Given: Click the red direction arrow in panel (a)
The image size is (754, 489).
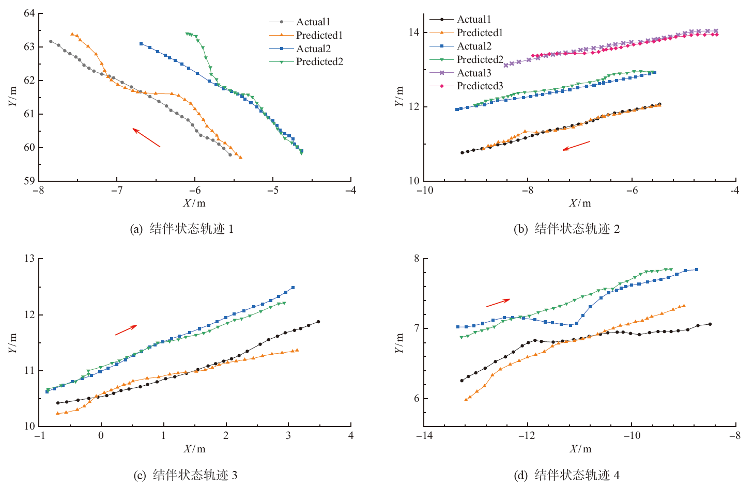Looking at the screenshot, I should coord(146,138).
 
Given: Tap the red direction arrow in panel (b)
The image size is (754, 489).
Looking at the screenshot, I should coord(576,146).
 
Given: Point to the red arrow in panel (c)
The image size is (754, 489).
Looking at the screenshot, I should coord(126,329).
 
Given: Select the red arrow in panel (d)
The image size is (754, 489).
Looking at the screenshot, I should coord(498,303).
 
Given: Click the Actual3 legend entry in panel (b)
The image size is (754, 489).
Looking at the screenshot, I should coord(473,73).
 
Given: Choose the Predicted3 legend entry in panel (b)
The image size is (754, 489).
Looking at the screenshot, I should coord(479,86).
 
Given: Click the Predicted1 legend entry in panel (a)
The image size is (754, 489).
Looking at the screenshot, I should coord(319,35).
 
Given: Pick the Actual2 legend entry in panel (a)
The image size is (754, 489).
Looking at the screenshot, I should coord(313,49).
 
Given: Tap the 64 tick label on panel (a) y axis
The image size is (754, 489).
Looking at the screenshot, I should coord(29,13).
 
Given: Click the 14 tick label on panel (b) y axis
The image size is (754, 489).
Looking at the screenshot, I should coord(414,33).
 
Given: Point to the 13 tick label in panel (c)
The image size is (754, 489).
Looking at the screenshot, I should coord(29,259).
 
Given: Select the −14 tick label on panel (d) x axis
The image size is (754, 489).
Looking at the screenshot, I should coord(424,435).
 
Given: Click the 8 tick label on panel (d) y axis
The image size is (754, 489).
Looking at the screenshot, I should coord(417,259).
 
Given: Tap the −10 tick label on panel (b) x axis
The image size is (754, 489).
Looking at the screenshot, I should coord(424,190).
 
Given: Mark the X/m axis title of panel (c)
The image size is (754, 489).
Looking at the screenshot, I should coord(194,449).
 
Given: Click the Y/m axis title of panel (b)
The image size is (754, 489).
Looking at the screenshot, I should coord(399,96).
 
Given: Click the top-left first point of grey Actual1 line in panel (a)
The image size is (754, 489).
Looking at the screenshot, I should coord(51,41).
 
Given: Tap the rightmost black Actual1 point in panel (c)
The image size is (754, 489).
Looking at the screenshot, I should coord(318,322).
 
